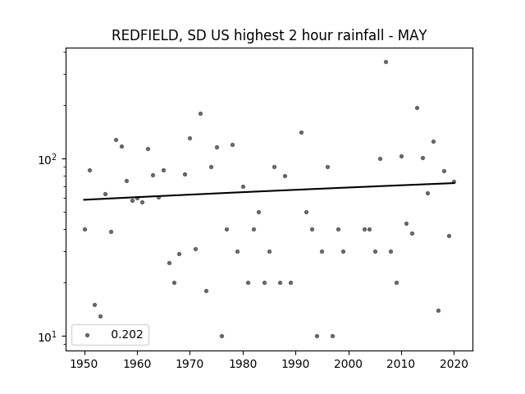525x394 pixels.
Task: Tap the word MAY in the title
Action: point(412,35)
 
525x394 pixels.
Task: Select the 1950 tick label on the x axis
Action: point(84,364)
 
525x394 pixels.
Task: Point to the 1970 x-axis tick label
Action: point(190,364)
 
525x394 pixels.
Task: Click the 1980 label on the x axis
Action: point(243,364)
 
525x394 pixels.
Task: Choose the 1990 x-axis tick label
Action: point(295,364)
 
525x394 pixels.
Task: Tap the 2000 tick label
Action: point(349,364)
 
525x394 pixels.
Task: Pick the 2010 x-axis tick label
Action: point(401,364)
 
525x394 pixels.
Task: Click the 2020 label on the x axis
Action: point(454,364)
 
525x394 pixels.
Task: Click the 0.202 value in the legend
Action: point(127,334)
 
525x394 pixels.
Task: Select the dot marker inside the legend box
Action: point(88,335)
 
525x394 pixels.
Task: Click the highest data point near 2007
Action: point(386,62)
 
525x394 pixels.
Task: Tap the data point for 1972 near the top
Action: point(200,113)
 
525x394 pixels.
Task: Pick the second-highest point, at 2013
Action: point(417,108)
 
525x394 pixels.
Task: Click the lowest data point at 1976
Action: point(221,336)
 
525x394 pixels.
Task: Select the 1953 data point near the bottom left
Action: point(100,316)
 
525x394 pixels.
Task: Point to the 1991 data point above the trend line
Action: point(301,133)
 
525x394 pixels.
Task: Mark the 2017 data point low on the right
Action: point(438,310)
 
